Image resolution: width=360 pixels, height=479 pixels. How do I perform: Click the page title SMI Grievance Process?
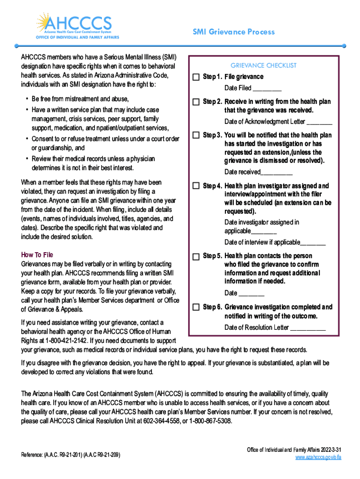coord(234,32)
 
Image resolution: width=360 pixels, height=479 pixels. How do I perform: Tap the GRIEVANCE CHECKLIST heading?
coord(263,65)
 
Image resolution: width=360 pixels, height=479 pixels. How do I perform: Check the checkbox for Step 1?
coord(196,77)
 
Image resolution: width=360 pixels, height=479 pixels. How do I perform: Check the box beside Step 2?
coord(196,102)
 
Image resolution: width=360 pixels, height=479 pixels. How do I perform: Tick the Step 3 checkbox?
coord(196,135)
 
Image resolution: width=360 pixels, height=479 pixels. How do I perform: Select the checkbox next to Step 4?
coord(196,186)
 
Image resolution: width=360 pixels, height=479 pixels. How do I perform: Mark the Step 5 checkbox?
coord(196,256)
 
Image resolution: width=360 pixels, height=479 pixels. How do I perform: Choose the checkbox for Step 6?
coord(196,307)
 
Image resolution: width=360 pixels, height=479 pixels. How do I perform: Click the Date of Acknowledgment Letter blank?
coord(320,123)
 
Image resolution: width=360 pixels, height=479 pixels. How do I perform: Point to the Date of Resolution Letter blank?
coord(308,328)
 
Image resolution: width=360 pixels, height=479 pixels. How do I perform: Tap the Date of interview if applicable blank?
coord(313,243)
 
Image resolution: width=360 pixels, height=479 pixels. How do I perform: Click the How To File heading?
coord(37,255)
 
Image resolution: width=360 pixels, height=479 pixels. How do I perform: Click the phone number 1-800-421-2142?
coord(65,341)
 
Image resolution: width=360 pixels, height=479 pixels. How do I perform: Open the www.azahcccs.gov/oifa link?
coord(318,457)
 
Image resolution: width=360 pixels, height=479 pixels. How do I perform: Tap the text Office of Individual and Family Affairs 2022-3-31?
coord(294,450)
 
